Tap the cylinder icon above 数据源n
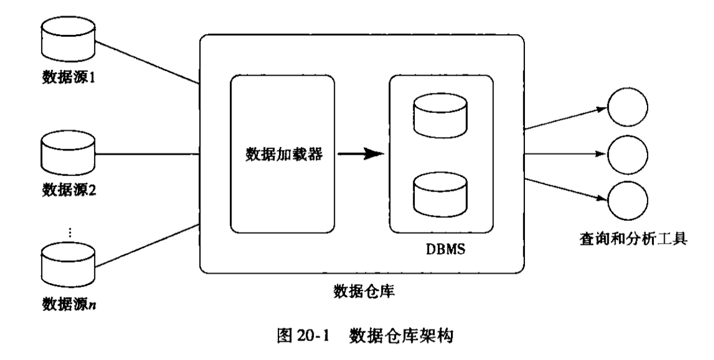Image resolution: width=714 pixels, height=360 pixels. [x=68, y=263]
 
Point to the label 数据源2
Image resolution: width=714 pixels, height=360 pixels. [x=68, y=189]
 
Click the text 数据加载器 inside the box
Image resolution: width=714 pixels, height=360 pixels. [x=281, y=154]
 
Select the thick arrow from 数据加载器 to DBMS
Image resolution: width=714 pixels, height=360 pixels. [x=360, y=154]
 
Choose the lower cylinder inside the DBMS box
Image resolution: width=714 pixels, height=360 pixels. [x=441, y=195]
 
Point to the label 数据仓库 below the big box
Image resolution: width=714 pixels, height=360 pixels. [x=362, y=291]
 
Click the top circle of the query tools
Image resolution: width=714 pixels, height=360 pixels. [x=627, y=107]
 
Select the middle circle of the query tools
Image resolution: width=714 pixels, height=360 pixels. [x=627, y=154]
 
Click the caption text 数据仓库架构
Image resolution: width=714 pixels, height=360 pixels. [x=401, y=336]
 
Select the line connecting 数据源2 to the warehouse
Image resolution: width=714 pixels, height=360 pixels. [x=146, y=154]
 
